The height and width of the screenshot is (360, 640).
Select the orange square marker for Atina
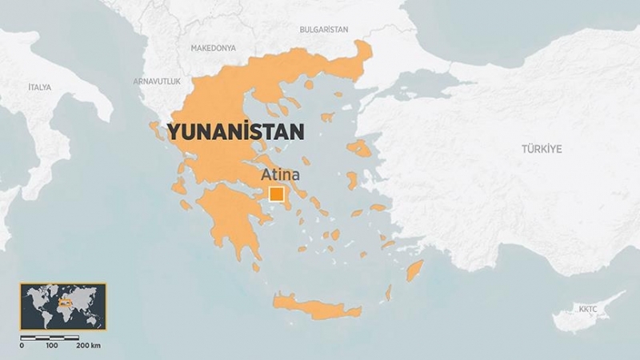[277, 194]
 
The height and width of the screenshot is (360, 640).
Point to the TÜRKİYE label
[542, 149]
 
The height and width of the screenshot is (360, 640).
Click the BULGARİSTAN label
[323, 30]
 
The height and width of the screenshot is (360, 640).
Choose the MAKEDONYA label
[214, 49]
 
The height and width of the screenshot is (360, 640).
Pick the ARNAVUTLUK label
[157, 82]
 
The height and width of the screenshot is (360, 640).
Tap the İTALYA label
[39, 86]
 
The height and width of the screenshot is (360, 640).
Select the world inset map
[62, 306]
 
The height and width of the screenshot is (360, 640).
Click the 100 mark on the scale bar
[51, 346]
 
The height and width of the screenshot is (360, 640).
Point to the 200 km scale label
[88, 346]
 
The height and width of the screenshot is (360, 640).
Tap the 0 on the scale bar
[22, 346]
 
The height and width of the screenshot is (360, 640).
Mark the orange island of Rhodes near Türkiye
[414, 270]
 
